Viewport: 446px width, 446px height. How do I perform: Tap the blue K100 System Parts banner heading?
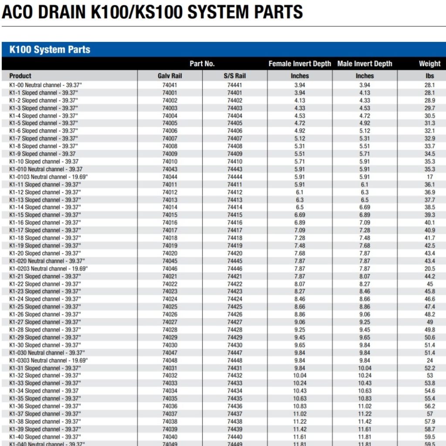tap(50, 50)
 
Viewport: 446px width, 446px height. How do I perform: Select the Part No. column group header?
tap(202, 64)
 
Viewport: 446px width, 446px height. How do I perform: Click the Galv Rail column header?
tap(170, 76)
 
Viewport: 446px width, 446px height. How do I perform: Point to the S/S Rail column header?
tap(235, 76)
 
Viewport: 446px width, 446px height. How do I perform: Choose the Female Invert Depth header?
tap(300, 64)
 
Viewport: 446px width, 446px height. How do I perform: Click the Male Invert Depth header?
tap(365, 64)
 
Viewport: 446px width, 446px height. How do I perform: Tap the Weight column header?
tap(429, 64)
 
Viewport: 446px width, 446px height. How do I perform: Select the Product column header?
tap(20, 76)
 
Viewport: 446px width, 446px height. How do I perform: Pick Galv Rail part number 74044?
tap(170, 177)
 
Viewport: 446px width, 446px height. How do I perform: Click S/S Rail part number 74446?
tap(235, 269)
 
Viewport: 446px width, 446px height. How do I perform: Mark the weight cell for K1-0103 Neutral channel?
tap(429, 177)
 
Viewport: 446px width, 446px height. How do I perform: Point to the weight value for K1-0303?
tap(429, 361)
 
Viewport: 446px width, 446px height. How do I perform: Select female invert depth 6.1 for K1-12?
tap(300, 192)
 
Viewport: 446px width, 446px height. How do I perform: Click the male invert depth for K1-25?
tap(365, 307)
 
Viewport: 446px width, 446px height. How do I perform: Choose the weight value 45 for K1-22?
tap(429, 284)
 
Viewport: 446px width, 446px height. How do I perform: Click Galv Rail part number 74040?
tap(170, 437)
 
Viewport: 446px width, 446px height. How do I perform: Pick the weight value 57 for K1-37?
tap(429, 414)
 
